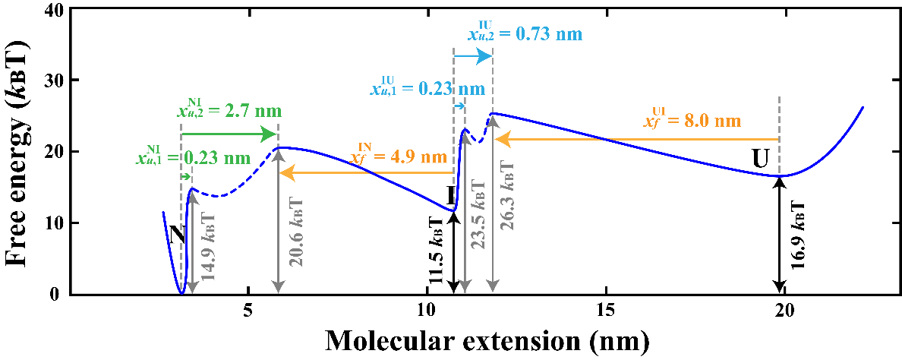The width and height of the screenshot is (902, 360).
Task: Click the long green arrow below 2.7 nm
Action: click(x=229, y=134)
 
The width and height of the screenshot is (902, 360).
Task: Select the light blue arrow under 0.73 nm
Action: click(x=473, y=56)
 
